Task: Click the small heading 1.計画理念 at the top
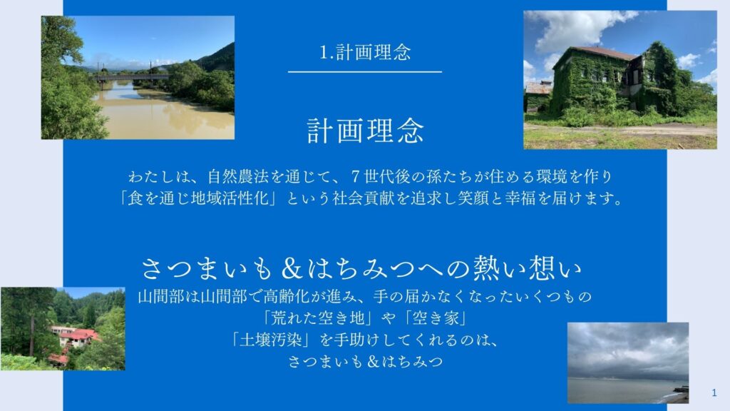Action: pos(365,52)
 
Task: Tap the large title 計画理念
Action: pos(366,131)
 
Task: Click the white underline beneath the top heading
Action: pos(365,72)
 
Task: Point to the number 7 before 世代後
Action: pos(356,177)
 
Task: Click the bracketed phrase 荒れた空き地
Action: pos(317,318)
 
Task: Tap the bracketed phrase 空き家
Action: pos(436,318)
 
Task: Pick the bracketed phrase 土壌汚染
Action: pos(271,340)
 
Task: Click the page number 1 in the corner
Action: pos(714,393)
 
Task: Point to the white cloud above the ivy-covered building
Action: pos(580,29)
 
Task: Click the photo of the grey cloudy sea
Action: pos(628,362)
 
